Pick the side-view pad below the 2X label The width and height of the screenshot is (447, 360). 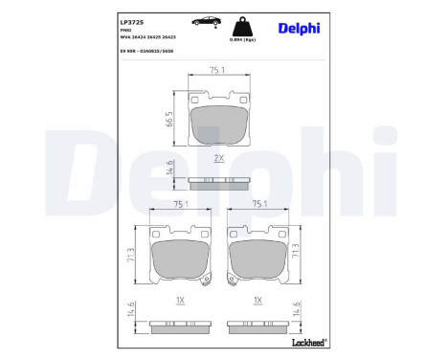point(219,183)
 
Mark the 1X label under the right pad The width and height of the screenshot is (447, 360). point(257,300)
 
